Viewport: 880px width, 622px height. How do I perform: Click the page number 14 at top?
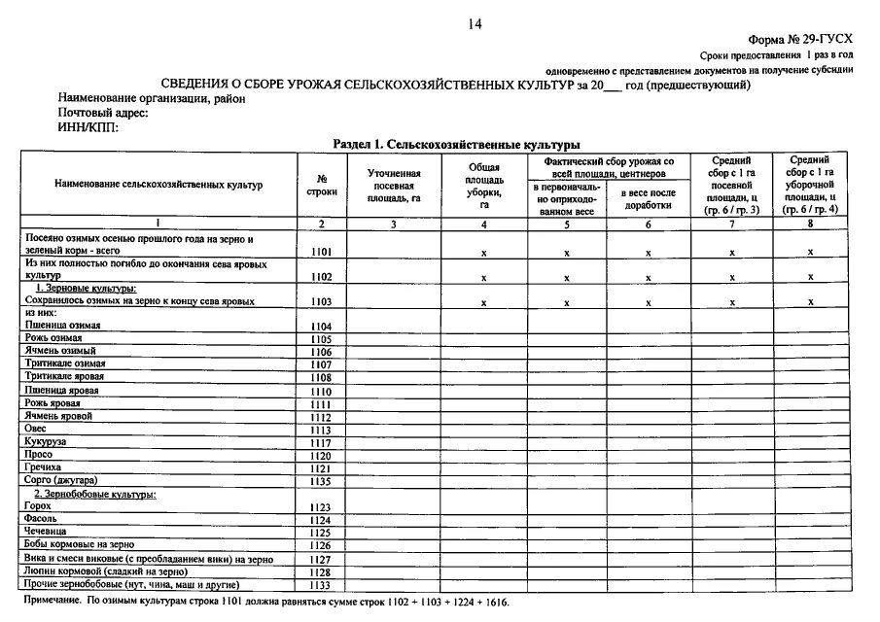(x=475, y=24)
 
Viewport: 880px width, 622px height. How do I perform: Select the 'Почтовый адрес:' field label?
(x=102, y=114)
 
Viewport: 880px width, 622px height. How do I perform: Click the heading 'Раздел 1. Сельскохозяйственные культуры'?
(x=450, y=144)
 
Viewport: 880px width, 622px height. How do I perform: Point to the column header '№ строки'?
(x=320, y=185)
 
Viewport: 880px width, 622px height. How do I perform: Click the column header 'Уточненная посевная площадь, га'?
(x=393, y=185)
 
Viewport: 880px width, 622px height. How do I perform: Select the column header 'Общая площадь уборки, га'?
(x=484, y=185)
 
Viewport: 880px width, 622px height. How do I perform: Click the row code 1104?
(x=321, y=326)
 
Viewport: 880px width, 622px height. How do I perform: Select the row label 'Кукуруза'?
(x=46, y=441)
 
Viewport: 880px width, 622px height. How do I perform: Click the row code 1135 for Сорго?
(x=321, y=480)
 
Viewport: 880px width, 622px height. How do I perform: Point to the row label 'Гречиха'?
(x=45, y=467)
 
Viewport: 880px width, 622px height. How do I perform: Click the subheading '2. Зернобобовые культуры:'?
(x=95, y=495)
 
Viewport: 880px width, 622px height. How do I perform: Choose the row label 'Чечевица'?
(x=48, y=533)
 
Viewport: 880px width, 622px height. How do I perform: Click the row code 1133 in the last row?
(x=321, y=585)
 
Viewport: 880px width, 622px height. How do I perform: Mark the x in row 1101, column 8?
(x=810, y=252)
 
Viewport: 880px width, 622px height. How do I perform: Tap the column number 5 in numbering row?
(x=567, y=224)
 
